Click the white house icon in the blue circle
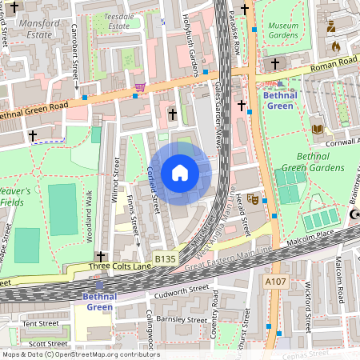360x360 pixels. [179, 173]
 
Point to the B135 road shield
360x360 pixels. [165, 258]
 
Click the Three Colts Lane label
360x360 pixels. [119, 266]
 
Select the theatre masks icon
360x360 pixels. [253, 199]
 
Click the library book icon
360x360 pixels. [318, 128]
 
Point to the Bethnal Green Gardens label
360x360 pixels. [309, 162]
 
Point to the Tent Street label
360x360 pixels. [41, 323]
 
